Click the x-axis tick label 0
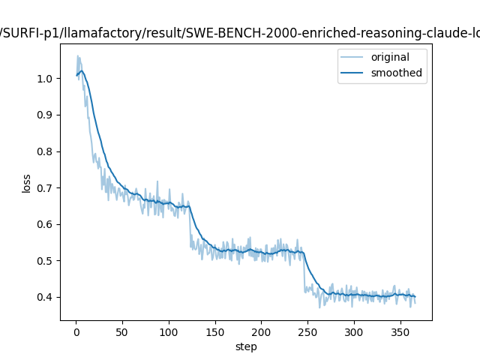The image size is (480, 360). point(76,331)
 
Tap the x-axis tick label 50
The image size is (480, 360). point(122,331)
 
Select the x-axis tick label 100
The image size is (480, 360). point(169,331)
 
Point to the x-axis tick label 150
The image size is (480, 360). point(215,331)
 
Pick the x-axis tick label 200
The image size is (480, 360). point(262,331)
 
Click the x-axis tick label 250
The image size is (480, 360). point(307,331)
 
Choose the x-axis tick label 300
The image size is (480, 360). point(354,331)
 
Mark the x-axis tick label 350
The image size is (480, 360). point(400,331)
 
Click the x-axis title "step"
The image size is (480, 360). point(246,346)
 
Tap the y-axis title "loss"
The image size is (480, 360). point(27,183)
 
